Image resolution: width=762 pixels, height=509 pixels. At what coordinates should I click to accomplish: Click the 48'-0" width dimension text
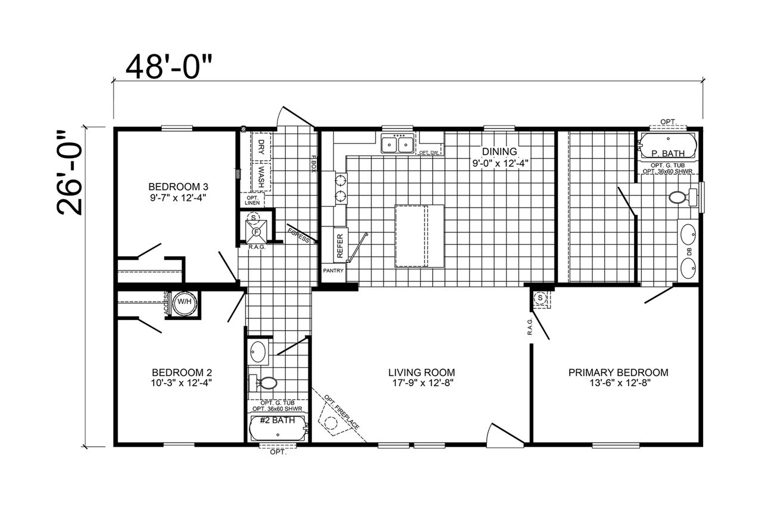click(x=169, y=67)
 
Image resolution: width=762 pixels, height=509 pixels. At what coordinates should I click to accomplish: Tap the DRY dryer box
click(x=261, y=147)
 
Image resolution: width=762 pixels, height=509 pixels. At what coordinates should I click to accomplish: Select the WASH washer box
click(x=261, y=177)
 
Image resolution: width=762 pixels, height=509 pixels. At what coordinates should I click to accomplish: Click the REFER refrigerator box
click(x=340, y=246)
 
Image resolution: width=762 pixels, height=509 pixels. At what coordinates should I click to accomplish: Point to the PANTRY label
click(x=333, y=271)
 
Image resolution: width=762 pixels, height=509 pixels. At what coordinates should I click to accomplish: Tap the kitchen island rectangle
click(x=420, y=236)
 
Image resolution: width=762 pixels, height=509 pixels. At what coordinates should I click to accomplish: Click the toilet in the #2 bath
click(x=263, y=383)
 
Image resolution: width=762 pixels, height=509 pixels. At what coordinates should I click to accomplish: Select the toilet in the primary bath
click(x=683, y=197)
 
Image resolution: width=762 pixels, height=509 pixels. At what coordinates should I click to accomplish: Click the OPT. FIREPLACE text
click(x=341, y=412)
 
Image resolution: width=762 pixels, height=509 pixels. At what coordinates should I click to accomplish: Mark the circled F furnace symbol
click(x=257, y=232)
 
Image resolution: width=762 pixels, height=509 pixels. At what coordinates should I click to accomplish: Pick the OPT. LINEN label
click(x=252, y=200)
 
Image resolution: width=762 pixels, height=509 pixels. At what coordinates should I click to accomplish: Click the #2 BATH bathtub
click(x=278, y=429)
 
